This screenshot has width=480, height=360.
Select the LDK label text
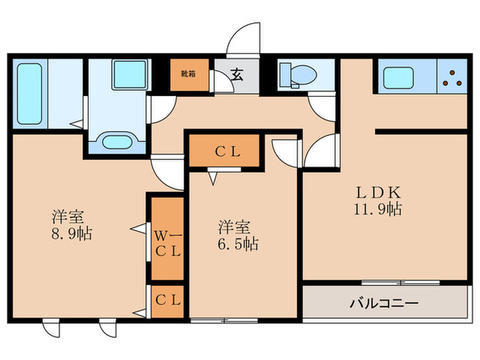click(373, 191)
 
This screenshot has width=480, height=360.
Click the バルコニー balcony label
click(384, 302)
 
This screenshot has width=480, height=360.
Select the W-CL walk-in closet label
click(167, 243)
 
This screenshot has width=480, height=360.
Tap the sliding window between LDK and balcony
click(400, 282)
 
